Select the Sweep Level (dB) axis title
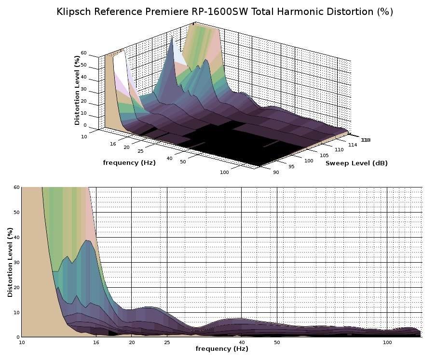tap(356, 163)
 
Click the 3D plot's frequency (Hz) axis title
tap(129, 163)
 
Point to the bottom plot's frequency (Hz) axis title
tap(221, 348)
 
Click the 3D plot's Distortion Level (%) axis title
tap(77, 90)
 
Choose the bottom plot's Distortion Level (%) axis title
tap(10, 262)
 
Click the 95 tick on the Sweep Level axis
tap(291, 167)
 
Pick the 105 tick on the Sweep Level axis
tap(325, 155)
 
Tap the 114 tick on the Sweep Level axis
tap(353, 145)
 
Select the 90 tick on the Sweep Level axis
tap(275, 173)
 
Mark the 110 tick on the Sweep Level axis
tap(340, 150)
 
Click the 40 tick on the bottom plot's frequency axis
tap(241, 342)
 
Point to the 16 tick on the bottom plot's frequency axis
tap(96, 342)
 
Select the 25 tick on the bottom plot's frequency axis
tap(166, 342)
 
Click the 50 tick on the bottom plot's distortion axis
tap(17, 212)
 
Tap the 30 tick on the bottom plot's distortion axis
tap(17, 262)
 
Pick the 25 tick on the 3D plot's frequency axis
tap(141, 151)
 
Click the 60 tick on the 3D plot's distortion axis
tap(83, 53)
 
